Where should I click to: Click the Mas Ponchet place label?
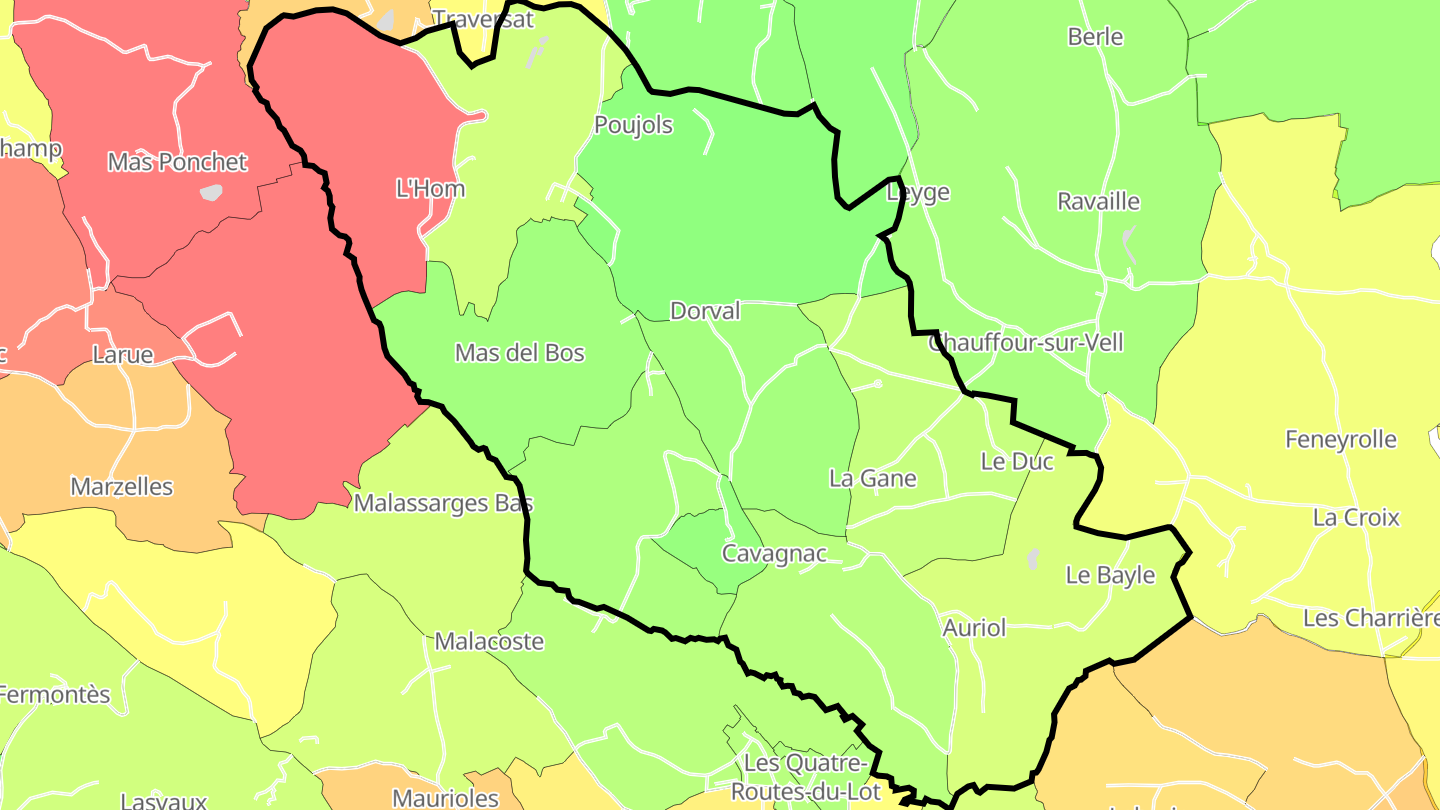(177, 162)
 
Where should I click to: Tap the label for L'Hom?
(431, 189)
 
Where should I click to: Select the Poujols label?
(634, 126)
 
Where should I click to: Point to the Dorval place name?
(705, 311)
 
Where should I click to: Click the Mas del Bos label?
(520, 353)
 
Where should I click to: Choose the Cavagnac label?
(775, 554)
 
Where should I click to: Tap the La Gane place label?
(873, 479)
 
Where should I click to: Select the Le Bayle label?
(1110, 576)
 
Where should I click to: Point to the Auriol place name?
(974, 629)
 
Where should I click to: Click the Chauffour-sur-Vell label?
(1026, 343)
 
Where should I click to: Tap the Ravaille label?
(1099, 202)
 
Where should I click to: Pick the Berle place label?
(1096, 38)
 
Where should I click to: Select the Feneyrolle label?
(1341, 440)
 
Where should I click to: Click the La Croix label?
(1356, 518)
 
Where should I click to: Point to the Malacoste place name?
(489, 642)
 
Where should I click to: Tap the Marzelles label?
(122, 488)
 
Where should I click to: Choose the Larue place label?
(122, 355)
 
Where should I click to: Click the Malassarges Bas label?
(443, 503)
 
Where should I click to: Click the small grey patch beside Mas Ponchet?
(211, 192)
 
